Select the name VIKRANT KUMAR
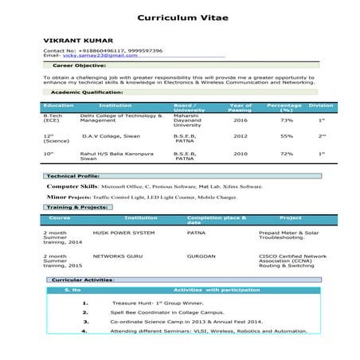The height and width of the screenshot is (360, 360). [78, 40]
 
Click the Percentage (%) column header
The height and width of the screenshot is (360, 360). [284, 107]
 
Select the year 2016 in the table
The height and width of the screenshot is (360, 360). [240, 120]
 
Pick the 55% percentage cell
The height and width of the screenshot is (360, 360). [286, 136]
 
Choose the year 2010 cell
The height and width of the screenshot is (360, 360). [240, 153]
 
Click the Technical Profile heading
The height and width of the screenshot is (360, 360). [73, 175]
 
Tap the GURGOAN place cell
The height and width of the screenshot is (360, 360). [201, 256]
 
